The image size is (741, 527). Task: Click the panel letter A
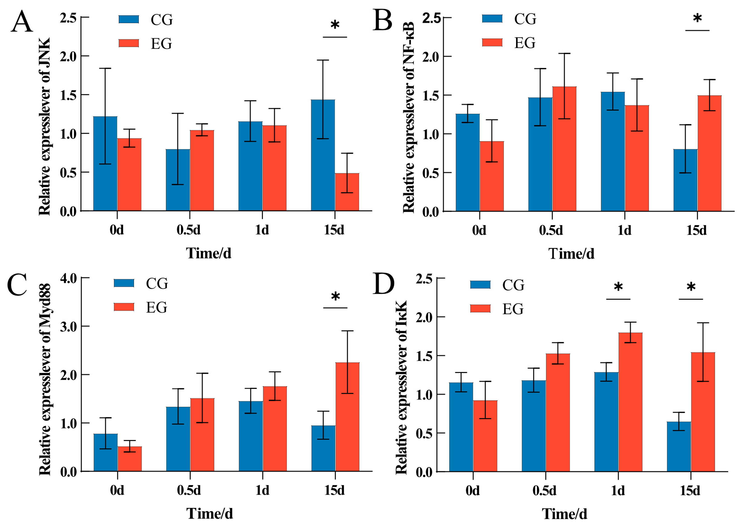tap(22, 21)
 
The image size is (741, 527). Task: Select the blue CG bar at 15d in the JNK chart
tap(323, 155)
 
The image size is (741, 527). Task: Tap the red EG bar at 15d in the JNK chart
tap(347, 192)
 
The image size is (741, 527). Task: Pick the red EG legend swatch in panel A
tap(129, 43)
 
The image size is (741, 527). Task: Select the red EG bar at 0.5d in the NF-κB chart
tap(564, 149)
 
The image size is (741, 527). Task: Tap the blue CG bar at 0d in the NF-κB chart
tap(468, 163)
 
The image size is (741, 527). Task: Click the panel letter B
tap(383, 20)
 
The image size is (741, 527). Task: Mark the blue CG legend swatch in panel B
tap(492, 19)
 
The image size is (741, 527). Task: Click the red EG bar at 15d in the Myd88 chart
tap(348, 417)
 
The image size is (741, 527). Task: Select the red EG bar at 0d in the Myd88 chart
tap(129, 459)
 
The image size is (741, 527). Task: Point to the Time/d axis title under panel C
tap(210, 514)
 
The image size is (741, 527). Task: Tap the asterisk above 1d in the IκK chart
tap(618, 286)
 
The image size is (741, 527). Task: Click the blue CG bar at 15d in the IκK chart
tap(679, 447)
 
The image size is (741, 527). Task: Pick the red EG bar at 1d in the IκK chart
tap(630, 402)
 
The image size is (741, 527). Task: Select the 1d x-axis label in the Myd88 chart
tap(262, 490)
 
